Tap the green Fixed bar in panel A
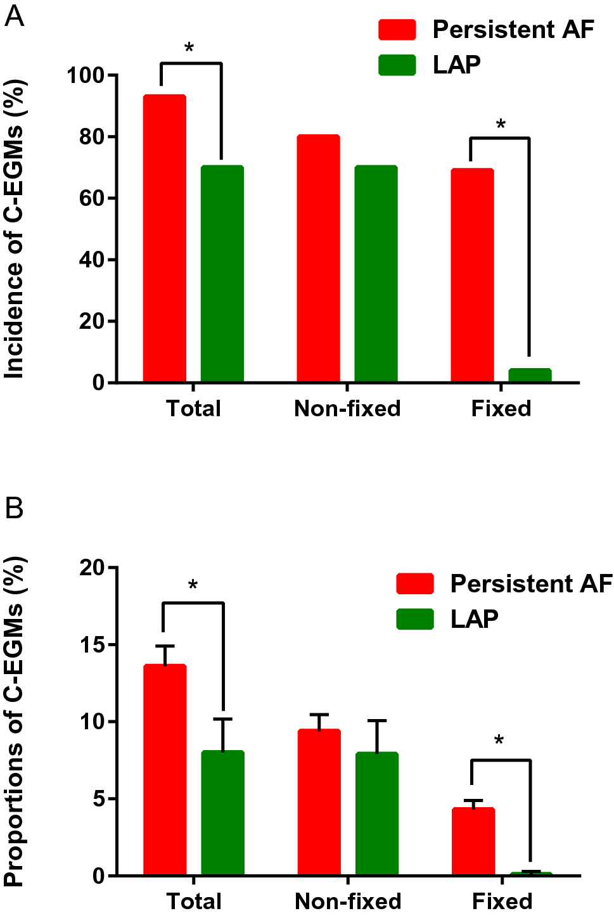pos(530,375)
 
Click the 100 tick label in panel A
pos(86,75)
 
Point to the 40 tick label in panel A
pos(92,260)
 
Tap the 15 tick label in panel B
pos(92,645)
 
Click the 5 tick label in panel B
pos(98,799)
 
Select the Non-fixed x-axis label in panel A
pos(347,409)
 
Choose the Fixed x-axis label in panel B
pos(502,901)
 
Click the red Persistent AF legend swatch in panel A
pos(397,30)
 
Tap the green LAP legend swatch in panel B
pos(415,619)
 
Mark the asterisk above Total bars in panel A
pos(189,49)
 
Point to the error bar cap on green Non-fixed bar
pos(377,721)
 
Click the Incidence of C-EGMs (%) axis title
pos(14,229)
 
